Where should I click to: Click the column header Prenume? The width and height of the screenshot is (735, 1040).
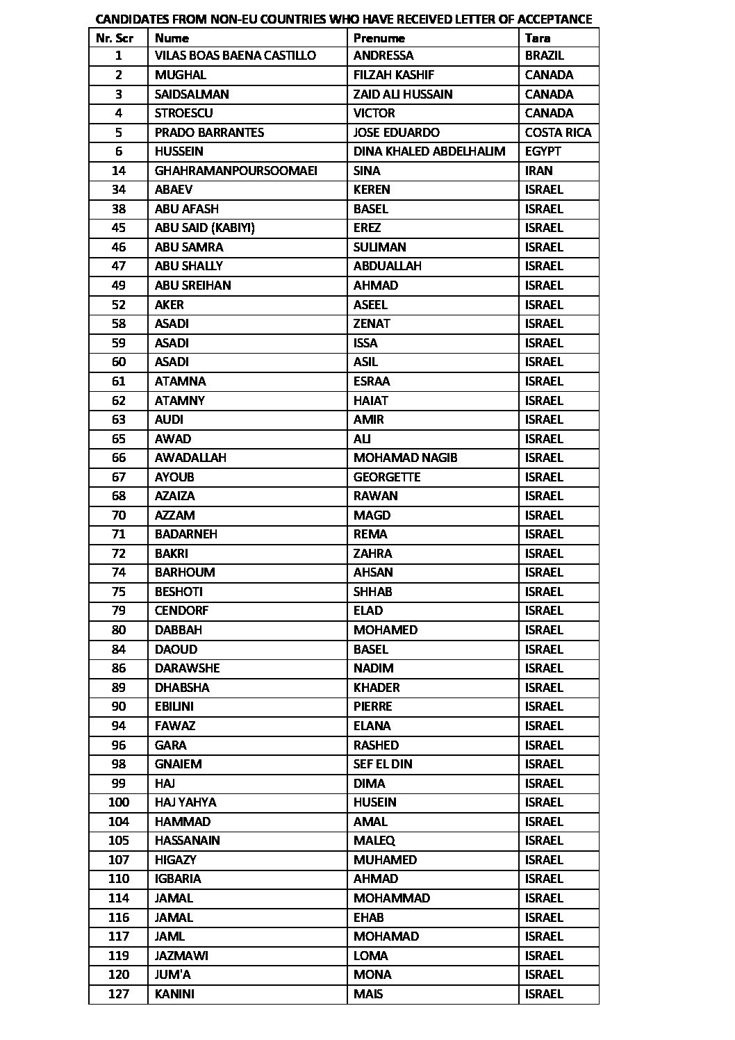point(379,38)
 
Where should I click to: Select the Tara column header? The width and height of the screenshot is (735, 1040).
point(538,38)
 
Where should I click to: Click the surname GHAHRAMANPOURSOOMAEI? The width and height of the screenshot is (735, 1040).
point(236,171)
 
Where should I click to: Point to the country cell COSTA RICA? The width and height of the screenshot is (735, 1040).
point(558,133)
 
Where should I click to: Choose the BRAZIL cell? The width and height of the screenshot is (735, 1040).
point(544,56)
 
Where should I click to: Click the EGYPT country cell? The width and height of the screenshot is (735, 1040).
point(543,151)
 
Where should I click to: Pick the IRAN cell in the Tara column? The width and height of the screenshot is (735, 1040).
point(538,171)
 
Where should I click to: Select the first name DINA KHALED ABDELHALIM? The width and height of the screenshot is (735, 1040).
point(429,151)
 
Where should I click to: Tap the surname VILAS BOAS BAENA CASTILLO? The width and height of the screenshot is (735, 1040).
point(235,56)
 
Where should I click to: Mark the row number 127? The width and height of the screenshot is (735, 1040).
point(119,994)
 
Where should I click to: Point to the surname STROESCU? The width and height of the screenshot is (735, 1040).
point(183,113)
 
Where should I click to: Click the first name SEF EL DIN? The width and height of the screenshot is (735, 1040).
point(383,764)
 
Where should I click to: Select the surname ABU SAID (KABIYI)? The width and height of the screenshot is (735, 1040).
point(195,228)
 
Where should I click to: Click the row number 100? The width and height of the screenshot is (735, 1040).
point(119,802)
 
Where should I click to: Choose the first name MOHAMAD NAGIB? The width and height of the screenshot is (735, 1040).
point(405,458)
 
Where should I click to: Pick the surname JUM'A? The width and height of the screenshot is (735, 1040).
point(172,975)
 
